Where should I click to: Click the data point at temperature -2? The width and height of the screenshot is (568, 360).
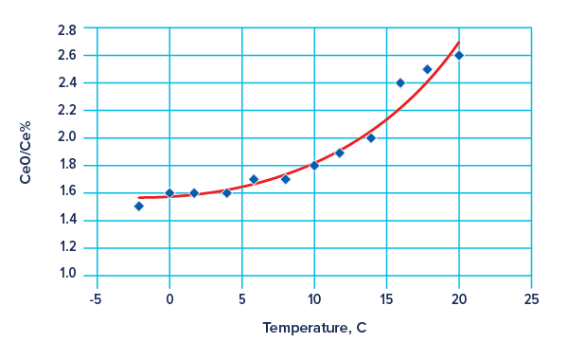tap(139, 206)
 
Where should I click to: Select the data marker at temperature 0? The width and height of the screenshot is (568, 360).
tap(169, 192)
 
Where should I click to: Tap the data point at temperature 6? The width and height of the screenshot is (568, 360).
tap(253, 179)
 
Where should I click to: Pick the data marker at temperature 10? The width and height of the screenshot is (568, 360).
tap(314, 165)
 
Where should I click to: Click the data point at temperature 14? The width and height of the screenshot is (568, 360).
tap(370, 138)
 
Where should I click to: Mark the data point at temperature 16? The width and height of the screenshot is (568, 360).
tap(400, 82)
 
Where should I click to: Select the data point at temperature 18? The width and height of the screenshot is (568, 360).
tap(427, 69)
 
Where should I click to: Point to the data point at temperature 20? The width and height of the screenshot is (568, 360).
tap(459, 55)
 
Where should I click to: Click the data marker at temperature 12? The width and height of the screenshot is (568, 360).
tap(340, 153)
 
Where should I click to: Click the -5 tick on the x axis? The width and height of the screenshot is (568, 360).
tap(95, 298)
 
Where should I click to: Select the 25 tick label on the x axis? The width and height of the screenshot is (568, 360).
tap(532, 298)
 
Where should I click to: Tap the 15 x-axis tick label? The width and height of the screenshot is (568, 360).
tap(386, 298)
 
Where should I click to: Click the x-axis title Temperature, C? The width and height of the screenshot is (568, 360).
tap(314, 329)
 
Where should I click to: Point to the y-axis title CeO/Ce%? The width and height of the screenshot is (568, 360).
tap(26, 152)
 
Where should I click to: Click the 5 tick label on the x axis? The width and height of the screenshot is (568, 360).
tap(242, 298)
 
